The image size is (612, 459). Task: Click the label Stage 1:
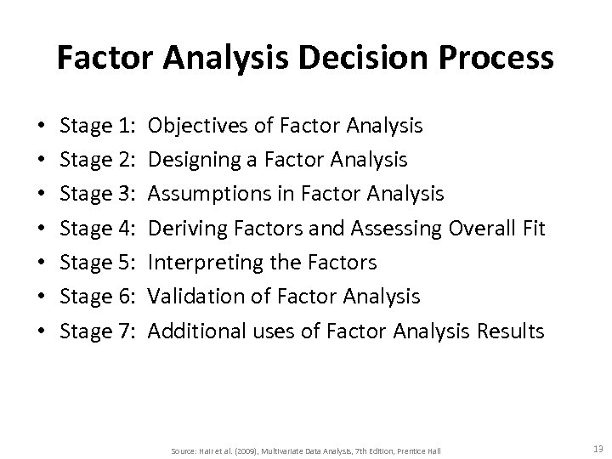tap(99, 127)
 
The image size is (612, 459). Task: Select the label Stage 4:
tap(99, 229)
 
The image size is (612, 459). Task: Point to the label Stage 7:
tap(99, 331)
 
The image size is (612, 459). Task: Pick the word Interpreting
tap(200, 263)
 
